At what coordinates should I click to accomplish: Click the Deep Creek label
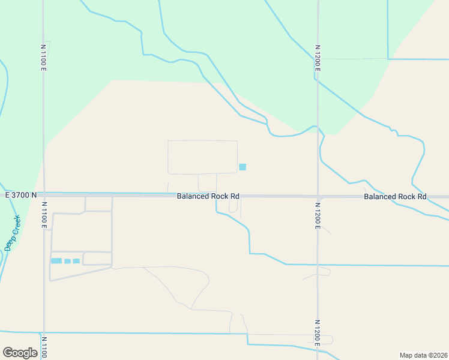pos(12,233)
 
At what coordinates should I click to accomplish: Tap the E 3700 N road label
pos(21,195)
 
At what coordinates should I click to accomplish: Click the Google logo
pos(20,353)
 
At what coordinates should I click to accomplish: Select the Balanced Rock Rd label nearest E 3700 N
pos(208,196)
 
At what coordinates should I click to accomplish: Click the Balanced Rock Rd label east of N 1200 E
pos(395,196)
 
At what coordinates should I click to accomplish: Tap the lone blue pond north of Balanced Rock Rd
pos(243,167)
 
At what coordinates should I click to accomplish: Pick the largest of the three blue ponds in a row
pos(56,261)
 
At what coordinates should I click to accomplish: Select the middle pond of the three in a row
pos(68,261)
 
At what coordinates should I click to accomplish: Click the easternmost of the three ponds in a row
pos(76,261)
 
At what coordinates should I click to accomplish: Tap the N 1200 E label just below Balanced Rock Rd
pos(318,215)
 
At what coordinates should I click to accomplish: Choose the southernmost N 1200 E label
pos(318,332)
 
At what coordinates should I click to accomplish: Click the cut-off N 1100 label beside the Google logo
pos(43,347)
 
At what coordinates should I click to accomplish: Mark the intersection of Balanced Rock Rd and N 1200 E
pos(318,196)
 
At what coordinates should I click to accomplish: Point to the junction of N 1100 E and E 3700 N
pos(44,195)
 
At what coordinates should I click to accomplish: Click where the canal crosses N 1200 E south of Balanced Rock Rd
pos(318,265)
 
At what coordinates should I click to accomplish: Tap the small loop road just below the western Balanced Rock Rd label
pos(233,206)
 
